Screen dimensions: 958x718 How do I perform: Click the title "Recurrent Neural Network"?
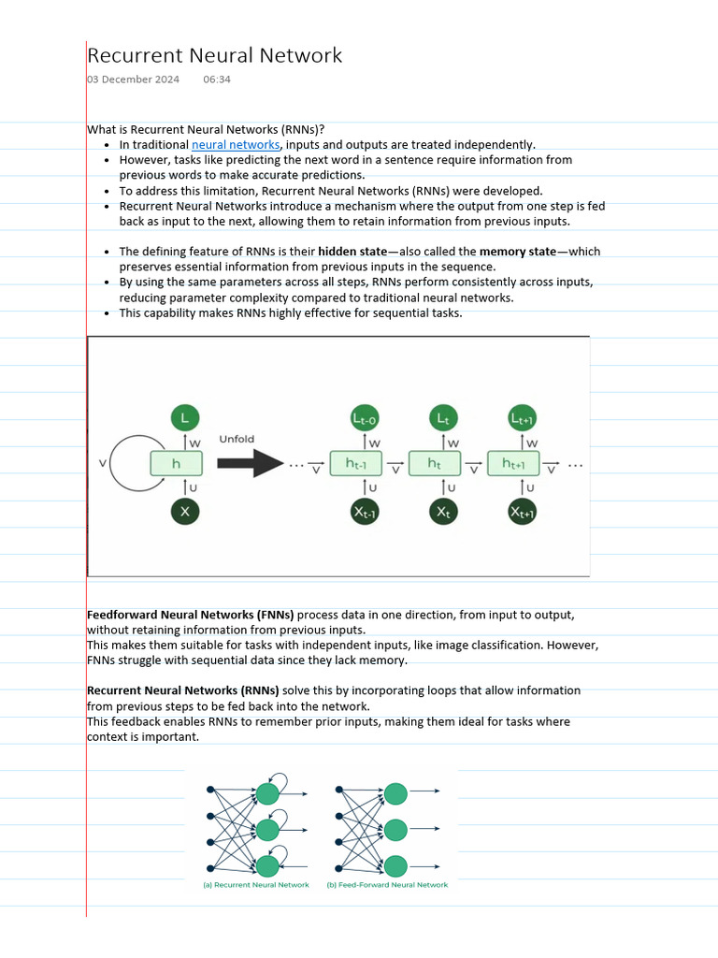(x=214, y=55)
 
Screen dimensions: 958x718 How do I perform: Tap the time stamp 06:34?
(x=216, y=80)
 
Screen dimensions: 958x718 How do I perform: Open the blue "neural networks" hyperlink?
(x=236, y=145)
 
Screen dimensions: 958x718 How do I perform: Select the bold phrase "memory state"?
(x=518, y=252)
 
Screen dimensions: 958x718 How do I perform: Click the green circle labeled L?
(x=185, y=418)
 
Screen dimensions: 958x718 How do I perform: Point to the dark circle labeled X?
(x=185, y=511)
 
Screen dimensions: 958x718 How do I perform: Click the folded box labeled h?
(x=177, y=464)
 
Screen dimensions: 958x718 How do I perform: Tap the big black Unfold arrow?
(x=249, y=463)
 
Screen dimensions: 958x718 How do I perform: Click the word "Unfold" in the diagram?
(x=237, y=439)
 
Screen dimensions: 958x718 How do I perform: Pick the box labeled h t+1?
(x=513, y=464)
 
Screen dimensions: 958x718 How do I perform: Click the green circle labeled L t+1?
(x=522, y=419)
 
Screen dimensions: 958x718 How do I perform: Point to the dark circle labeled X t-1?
(x=363, y=512)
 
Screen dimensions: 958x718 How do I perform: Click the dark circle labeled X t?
(x=442, y=512)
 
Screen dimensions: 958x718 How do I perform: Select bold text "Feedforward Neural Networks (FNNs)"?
(x=191, y=615)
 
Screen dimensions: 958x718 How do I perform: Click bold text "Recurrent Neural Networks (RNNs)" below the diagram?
(x=183, y=690)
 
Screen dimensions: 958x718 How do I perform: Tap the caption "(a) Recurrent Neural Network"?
(x=256, y=885)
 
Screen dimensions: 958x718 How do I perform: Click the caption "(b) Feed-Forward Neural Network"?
(x=387, y=885)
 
